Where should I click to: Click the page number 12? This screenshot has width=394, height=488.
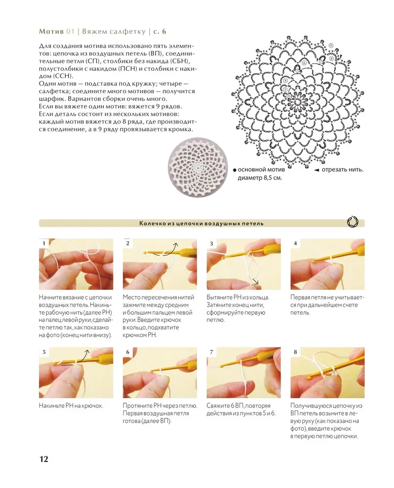coord(43,459)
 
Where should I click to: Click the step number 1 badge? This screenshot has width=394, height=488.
coord(44,244)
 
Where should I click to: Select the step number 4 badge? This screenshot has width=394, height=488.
coord(295,244)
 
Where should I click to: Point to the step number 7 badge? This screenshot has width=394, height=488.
coord(212,352)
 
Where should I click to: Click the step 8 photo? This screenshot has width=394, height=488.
coord(328,372)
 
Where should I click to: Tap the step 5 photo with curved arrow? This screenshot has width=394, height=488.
coord(76,372)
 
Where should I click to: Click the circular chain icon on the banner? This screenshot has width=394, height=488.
coord(353,222)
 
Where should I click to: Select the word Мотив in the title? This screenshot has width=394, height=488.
coord(51,31)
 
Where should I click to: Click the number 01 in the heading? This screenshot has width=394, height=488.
coord(70,31)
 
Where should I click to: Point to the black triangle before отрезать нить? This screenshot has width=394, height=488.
coord(316,170)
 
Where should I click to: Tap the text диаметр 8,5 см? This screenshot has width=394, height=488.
coord(260,178)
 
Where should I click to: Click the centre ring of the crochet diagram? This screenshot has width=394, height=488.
coord(297,102)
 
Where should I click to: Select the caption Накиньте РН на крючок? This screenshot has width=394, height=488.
coord(71,406)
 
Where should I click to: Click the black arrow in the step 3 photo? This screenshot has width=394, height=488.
coord(255,282)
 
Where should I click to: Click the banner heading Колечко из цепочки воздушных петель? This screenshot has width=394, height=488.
coord(201,224)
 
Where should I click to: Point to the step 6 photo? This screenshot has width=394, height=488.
coord(160,372)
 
